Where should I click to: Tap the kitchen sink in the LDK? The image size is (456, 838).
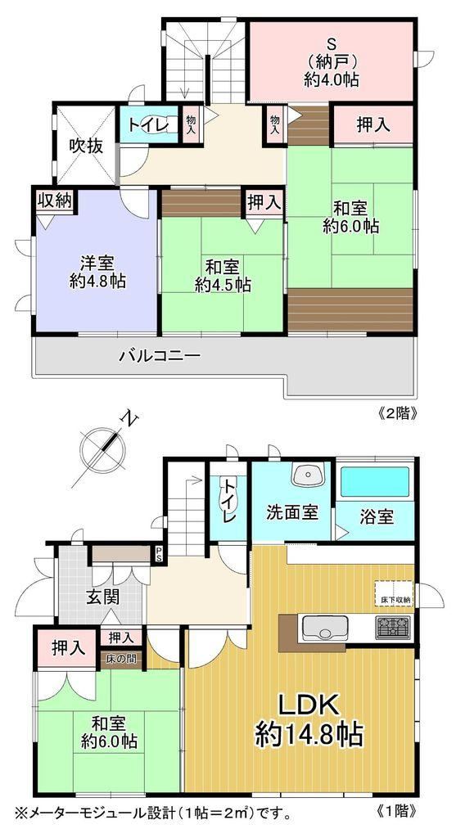[325, 628]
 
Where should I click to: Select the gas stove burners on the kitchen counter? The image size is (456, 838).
[393, 628]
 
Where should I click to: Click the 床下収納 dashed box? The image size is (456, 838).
[394, 592]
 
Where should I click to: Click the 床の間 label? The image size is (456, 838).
[121, 658]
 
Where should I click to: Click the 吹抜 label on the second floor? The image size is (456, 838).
[85, 146]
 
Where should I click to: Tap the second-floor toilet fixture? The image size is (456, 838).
[165, 125]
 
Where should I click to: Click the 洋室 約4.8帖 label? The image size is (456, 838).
[97, 273]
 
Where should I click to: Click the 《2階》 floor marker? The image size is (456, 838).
[394, 413]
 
